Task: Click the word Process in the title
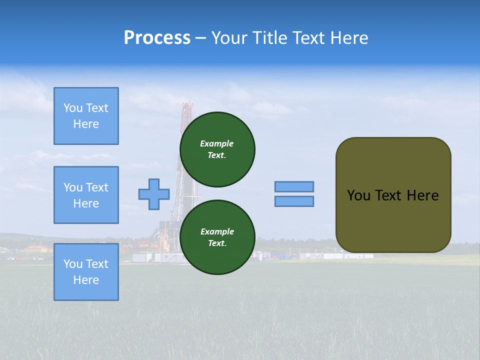[x=157, y=38]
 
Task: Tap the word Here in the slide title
[x=349, y=38]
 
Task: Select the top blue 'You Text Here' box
[x=86, y=116]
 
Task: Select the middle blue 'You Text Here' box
[x=86, y=195]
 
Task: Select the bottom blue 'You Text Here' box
[x=86, y=272]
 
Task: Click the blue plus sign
[x=154, y=194]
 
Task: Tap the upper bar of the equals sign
[x=294, y=186]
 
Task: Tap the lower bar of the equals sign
[x=294, y=201]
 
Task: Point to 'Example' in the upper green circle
[x=217, y=143]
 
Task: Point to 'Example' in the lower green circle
[x=217, y=231]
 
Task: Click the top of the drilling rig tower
[x=188, y=105]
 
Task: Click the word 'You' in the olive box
[x=358, y=195]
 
